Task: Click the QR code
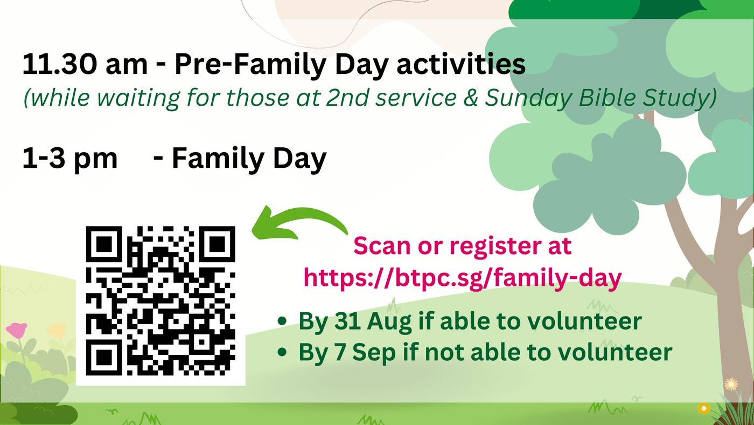(160, 300)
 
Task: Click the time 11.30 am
(85, 64)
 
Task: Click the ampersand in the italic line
(471, 98)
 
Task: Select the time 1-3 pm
(69, 159)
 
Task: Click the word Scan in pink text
(382, 246)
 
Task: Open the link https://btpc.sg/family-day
(463, 278)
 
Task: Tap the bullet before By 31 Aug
(282, 321)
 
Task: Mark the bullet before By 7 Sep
(282, 352)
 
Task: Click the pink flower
(16, 330)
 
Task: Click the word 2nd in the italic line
(347, 98)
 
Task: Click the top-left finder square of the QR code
(103, 244)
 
